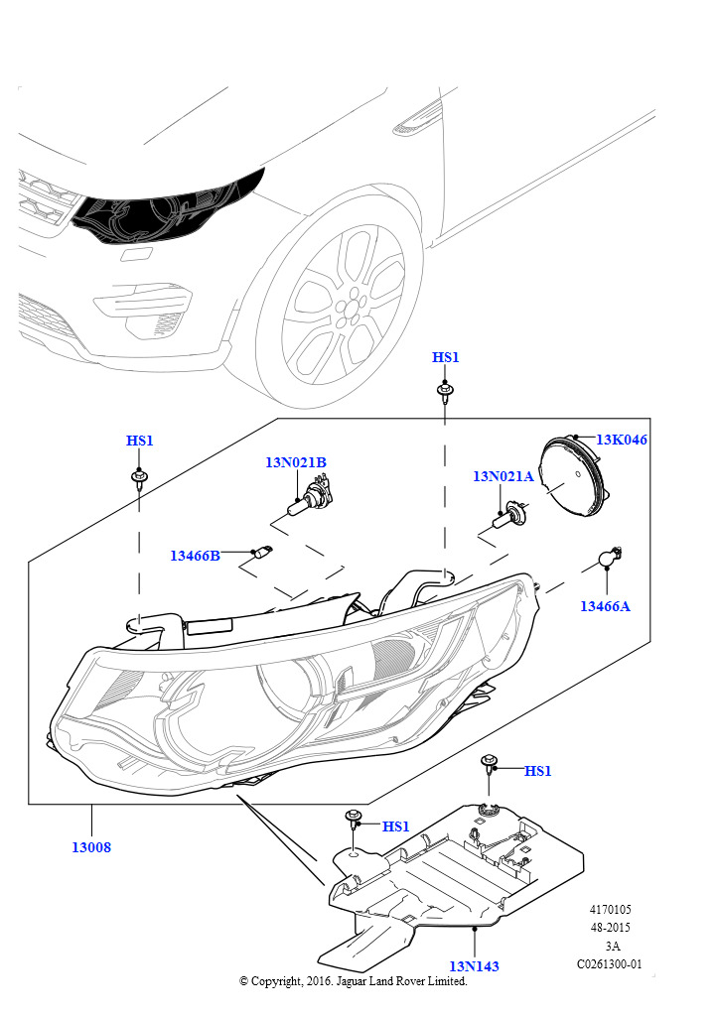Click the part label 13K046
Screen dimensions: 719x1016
(621, 440)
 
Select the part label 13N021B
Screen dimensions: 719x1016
(296, 462)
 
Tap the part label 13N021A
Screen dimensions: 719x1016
(503, 476)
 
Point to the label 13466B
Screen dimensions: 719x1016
(196, 556)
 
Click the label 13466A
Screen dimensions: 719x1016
(605, 606)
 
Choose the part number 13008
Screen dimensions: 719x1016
(91, 847)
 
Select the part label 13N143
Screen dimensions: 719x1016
(474, 966)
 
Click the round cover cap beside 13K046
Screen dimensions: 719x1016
(573, 475)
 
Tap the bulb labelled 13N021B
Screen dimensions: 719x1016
(309, 496)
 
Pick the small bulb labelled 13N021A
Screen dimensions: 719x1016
(508, 515)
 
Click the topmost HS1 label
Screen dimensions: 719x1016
(446, 357)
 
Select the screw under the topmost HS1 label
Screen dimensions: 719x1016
(445, 393)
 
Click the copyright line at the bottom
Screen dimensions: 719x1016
(354, 981)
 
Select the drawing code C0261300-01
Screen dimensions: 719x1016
(610, 963)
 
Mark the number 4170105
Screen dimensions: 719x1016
(610, 909)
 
